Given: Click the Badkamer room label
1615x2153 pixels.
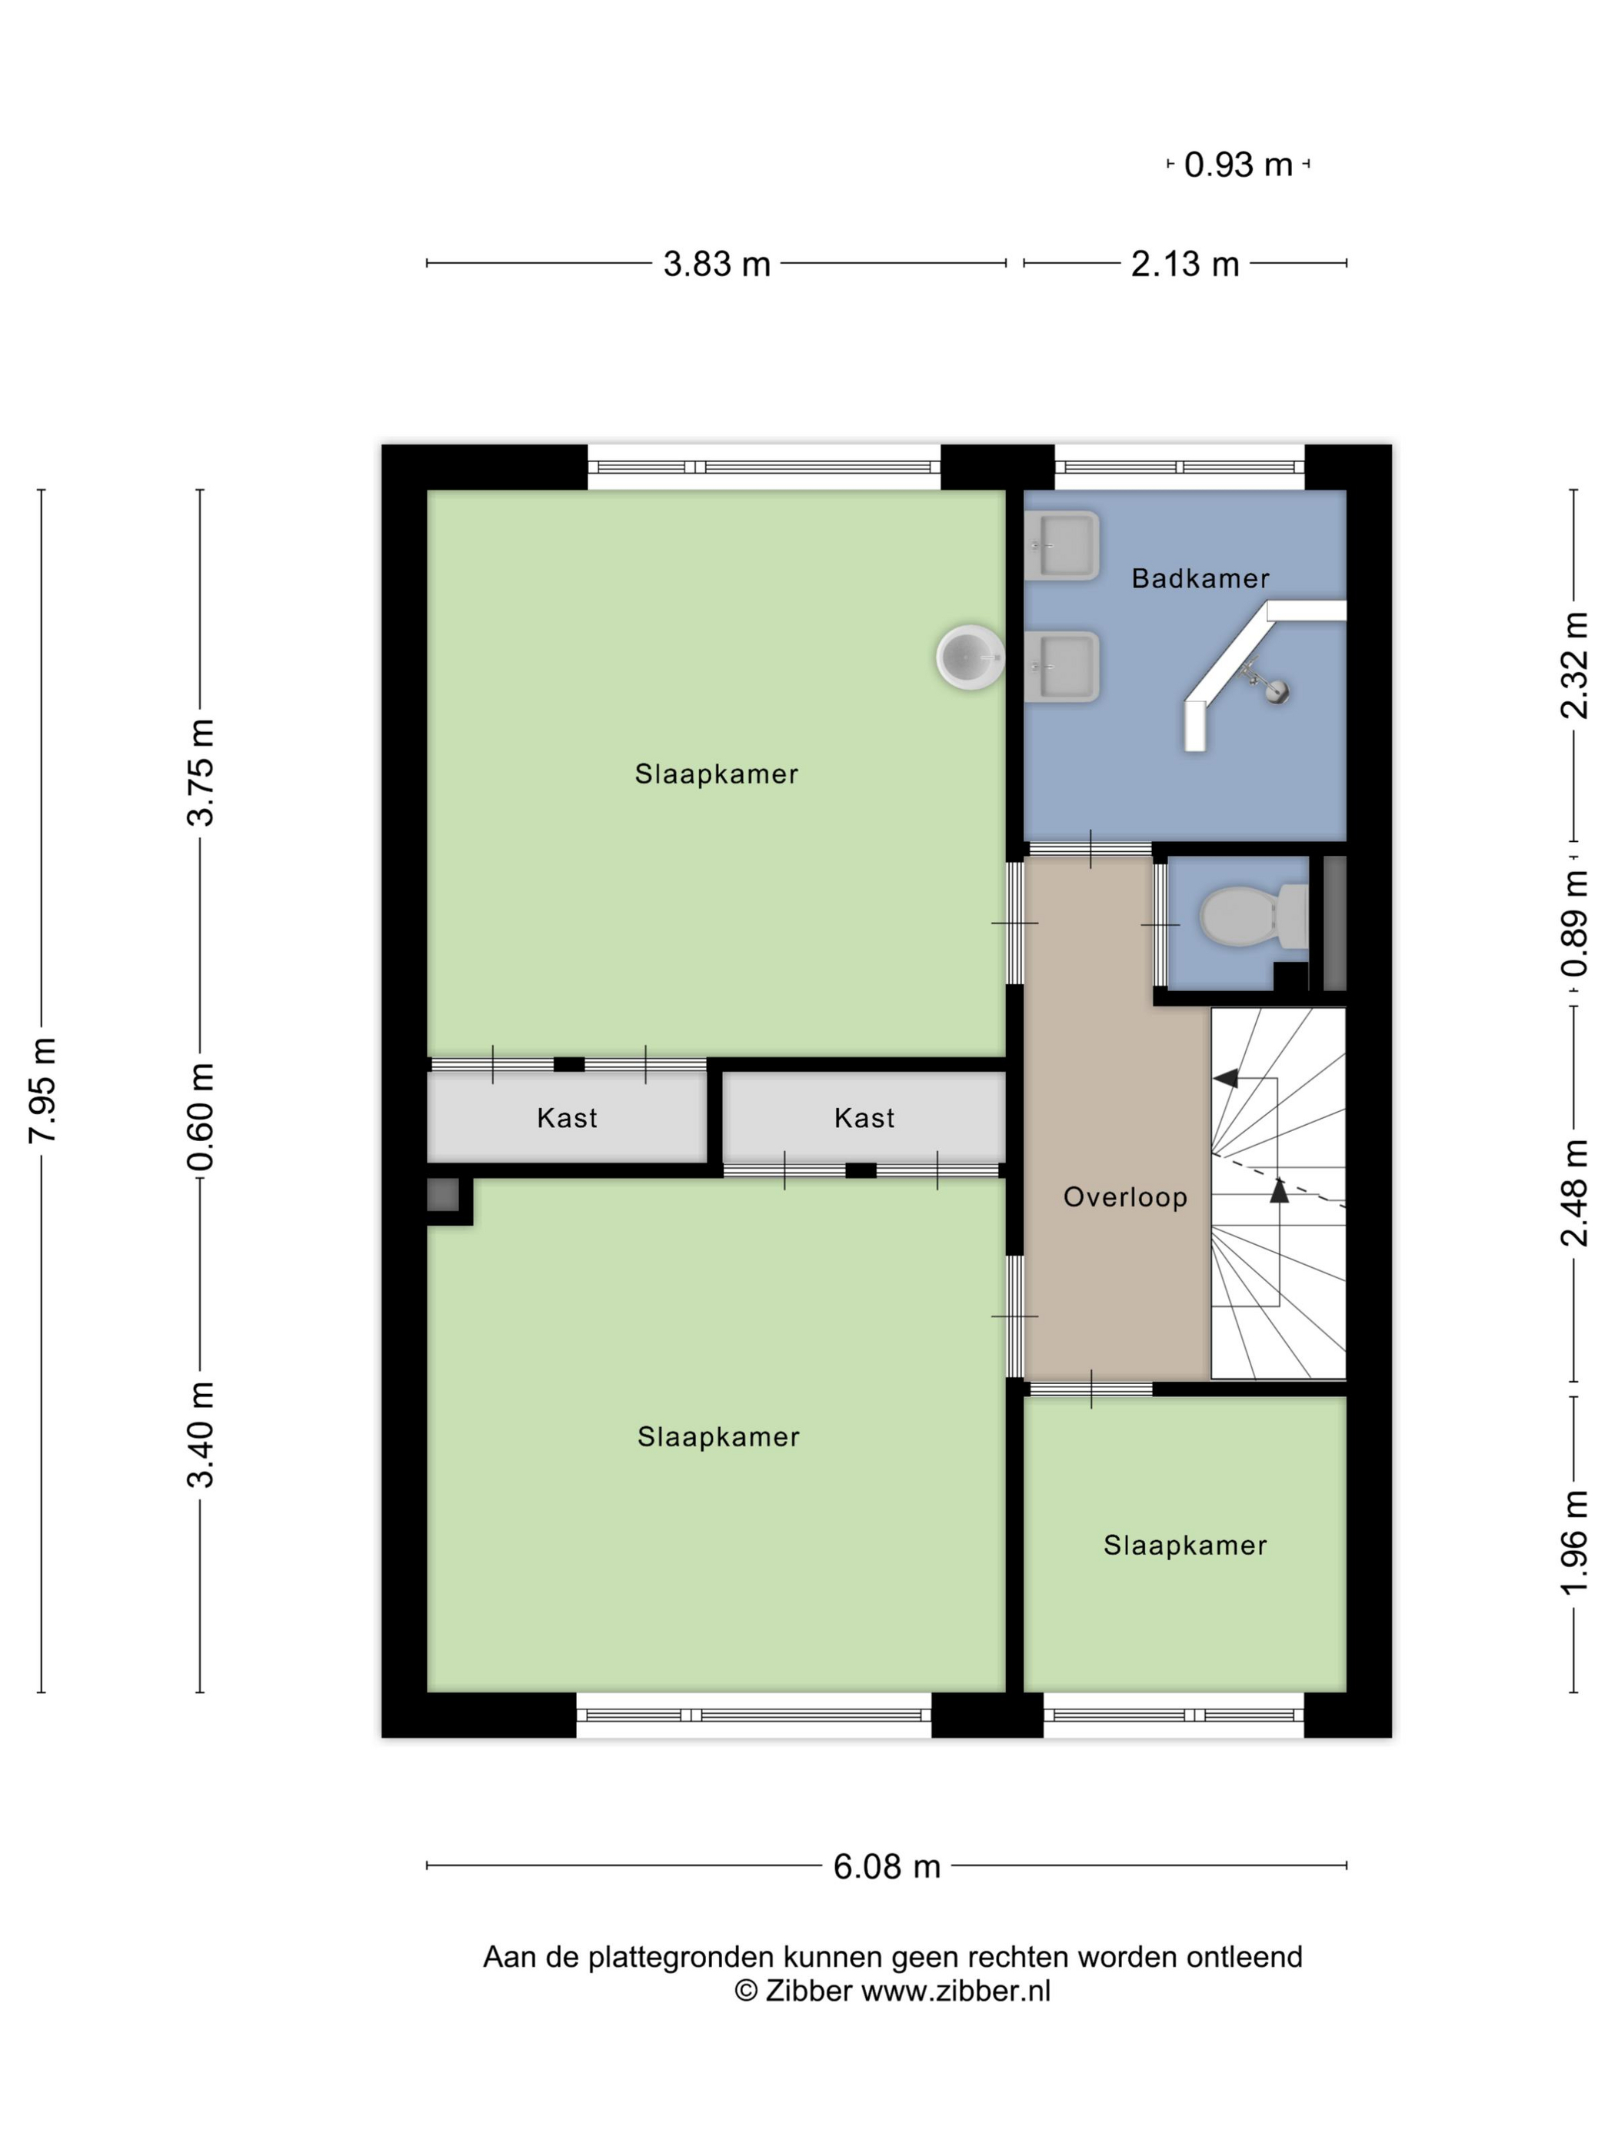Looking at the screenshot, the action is [1199, 578].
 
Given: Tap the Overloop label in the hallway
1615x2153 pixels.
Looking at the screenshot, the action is [1124, 1196].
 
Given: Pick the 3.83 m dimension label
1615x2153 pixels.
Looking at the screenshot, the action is [717, 264].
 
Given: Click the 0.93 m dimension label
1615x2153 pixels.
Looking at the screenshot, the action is [1237, 165].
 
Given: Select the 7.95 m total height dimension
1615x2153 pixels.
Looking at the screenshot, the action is [44, 1090].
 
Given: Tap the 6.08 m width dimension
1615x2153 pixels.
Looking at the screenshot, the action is [886, 1866].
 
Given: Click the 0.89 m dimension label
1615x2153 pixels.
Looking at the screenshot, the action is [1574, 923].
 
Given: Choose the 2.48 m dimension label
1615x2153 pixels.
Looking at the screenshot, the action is [1574, 1193].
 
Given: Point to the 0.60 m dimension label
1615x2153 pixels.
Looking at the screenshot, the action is [201, 1116].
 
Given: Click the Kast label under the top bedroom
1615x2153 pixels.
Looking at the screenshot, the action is [567, 1117].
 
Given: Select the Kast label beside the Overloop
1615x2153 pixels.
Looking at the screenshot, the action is [864, 1117].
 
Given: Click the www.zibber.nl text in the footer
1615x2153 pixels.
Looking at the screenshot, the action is [956, 1991].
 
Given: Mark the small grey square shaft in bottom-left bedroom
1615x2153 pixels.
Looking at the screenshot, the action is [443, 1194].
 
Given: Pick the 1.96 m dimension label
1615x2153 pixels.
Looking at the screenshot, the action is [1574, 1542].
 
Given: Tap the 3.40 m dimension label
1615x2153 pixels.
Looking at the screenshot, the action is [201, 1435].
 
